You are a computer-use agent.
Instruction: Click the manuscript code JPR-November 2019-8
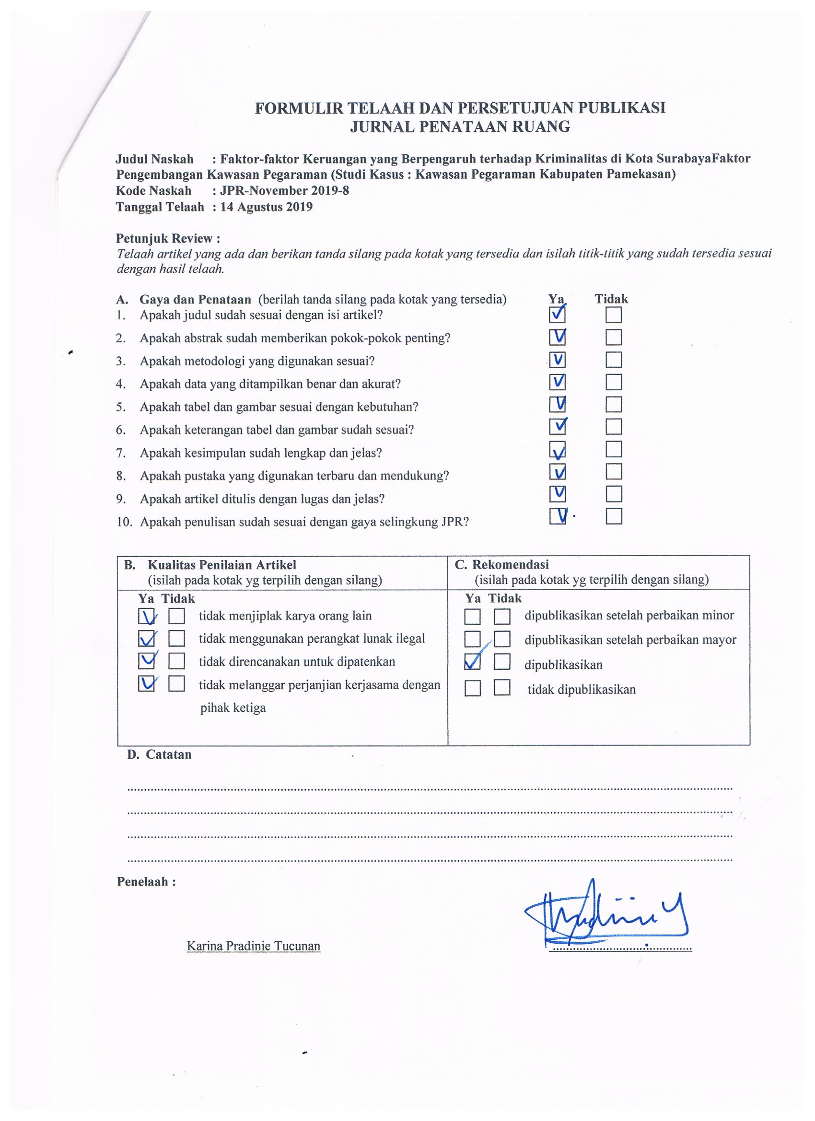(284, 191)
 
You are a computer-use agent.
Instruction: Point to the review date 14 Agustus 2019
(267, 207)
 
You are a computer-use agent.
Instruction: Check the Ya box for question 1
(557, 315)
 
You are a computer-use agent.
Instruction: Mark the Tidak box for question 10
(613, 516)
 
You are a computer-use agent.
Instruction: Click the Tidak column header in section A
(611, 299)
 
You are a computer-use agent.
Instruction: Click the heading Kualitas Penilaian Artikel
(221, 565)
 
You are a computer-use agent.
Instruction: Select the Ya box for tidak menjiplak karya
(146, 616)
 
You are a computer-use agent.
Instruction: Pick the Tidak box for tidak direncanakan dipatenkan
(176, 661)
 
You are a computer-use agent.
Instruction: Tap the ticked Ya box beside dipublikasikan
(473, 662)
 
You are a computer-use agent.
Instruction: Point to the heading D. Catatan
(159, 755)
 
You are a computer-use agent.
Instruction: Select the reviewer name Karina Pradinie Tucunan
(254, 946)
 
